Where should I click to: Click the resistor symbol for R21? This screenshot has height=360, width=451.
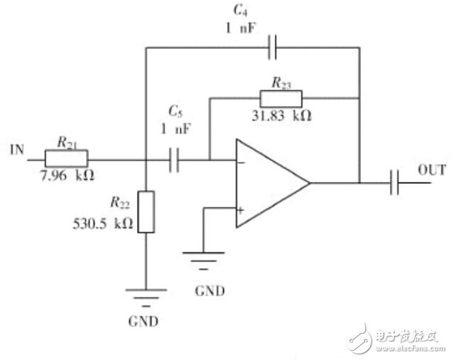point(67,158)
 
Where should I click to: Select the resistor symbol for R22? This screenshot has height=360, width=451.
point(146,212)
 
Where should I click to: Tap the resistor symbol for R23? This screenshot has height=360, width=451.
point(281,99)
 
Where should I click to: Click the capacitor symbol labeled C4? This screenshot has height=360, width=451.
point(273,47)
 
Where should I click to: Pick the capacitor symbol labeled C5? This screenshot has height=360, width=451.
point(174,160)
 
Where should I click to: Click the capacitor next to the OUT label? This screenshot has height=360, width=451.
point(394,182)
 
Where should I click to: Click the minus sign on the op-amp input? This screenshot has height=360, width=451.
point(241,163)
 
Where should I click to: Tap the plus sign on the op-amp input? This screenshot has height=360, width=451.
point(241,210)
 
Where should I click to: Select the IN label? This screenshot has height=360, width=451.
point(17,150)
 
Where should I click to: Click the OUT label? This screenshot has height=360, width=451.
point(432,170)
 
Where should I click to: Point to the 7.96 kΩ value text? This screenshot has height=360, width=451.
point(68,175)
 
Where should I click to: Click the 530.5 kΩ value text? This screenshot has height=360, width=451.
point(103,224)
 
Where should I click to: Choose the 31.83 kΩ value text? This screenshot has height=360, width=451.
point(281,116)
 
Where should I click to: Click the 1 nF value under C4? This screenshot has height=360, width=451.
point(240,28)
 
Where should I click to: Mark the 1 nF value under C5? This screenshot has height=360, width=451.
point(175,129)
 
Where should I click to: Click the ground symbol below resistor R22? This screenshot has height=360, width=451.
point(146,298)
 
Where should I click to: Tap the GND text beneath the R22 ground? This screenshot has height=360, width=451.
point(143,321)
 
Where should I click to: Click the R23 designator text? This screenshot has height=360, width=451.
point(281,83)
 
